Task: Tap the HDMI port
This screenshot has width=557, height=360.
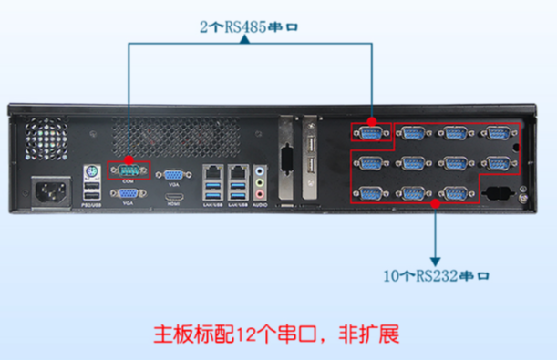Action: pos(172,196)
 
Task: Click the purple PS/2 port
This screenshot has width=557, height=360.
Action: pos(90,170)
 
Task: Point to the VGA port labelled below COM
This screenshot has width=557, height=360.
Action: pos(127,192)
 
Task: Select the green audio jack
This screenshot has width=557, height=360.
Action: pos(262,180)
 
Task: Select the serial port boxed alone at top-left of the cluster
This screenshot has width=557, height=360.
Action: pos(371,134)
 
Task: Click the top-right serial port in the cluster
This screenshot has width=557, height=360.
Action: pos(496,134)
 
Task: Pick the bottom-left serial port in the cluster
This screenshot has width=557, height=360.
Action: pos(371,192)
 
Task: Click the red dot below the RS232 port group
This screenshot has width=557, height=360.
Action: pos(436,204)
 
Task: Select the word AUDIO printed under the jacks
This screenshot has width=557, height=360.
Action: pos(261,207)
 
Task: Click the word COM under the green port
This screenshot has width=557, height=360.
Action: pos(127,181)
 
